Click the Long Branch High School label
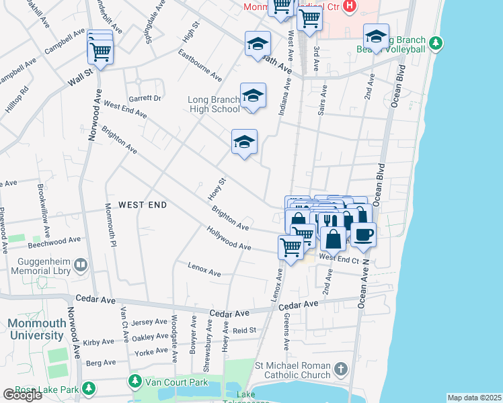click(x=213, y=104)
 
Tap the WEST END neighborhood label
click(x=143, y=204)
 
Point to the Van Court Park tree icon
click(x=134, y=382)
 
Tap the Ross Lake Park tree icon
click(x=88, y=388)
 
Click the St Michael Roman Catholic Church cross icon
click(x=341, y=369)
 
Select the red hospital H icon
click(x=349, y=7)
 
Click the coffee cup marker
click(x=363, y=234)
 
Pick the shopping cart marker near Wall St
click(x=100, y=52)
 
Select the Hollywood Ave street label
click(x=229, y=240)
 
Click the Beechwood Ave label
click(x=60, y=239)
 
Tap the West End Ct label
click(x=340, y=258)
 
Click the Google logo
click(x=22, y=395)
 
